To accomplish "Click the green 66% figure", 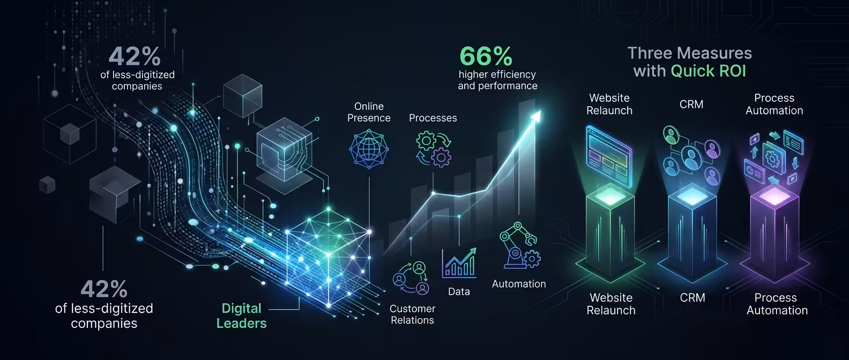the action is [x=486, y=56].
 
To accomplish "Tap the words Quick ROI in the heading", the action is [x=709, y=71].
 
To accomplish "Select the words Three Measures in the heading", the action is [x=690, y=53].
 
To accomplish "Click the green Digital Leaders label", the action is [x=241, y=316].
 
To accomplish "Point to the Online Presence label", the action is [x=369, y=112].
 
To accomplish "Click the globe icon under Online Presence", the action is [x=369, y=149].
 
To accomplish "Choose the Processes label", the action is [x=433, y=118].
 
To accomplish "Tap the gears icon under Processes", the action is [x=434, y=149].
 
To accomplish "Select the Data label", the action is [x=459, y=291].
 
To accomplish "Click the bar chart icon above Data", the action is [x=459, y=262].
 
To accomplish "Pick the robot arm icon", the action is [x=519, y=245].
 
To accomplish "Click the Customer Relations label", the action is [x=412, y=314].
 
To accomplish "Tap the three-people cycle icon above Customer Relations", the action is [x=411, y=278].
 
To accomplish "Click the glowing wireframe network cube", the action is [x=328, y=257].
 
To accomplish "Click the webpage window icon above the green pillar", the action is [x=609, y=156].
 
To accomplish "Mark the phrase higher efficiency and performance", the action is [x=497, y=80].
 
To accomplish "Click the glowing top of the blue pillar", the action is [x=692, y=196].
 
